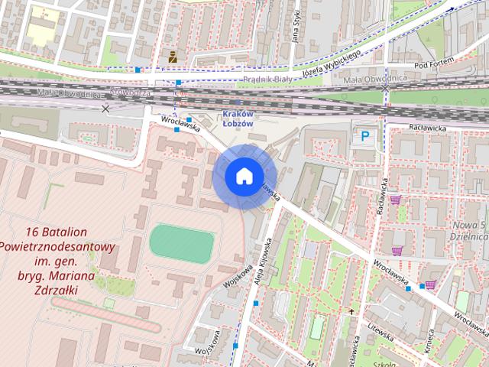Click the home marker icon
[244, 177]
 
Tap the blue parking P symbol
[365, 137]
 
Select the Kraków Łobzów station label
[237, 118]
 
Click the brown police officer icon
[173, 55]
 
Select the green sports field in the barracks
[181, 243]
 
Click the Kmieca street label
[430, 341]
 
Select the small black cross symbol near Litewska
[351, 311]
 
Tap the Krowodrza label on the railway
[129, 92]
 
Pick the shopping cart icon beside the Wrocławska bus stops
[430, 284]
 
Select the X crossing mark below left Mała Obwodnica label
[105, 109]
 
